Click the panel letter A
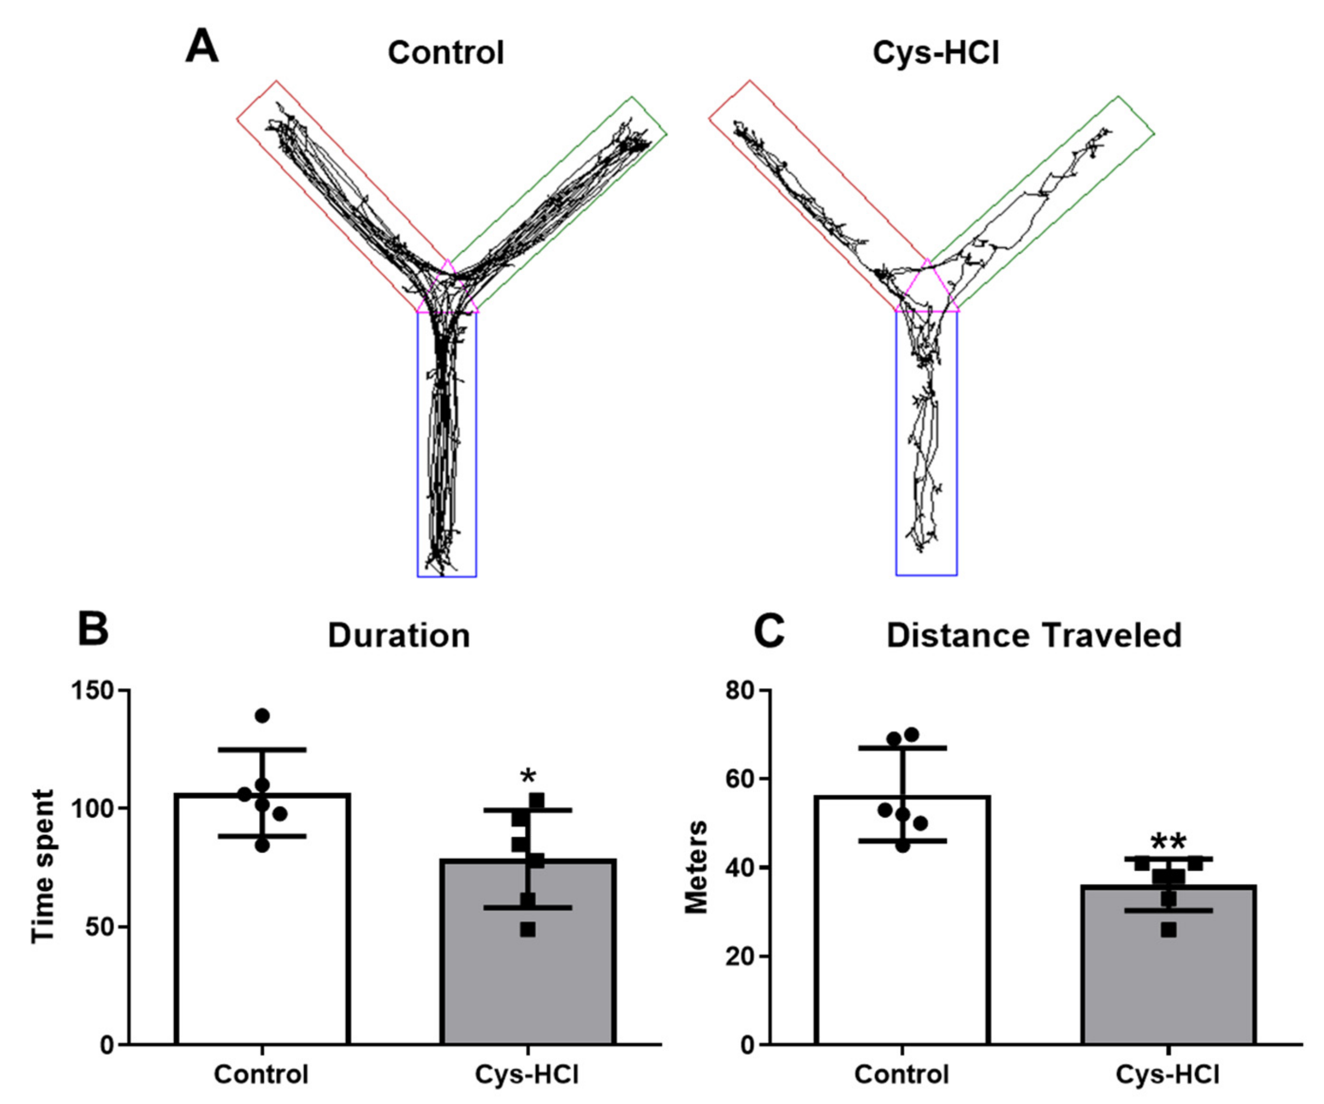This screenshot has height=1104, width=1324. (x=202, y=48)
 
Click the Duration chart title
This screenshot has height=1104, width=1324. (x=399, y=636)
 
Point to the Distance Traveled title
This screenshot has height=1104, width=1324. (x=1034, y=636)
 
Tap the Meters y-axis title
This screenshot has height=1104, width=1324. (x=697, y=866)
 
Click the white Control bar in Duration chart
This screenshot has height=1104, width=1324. (x=262, y=946)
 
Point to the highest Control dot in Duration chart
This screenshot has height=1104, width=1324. (x=262, y=715)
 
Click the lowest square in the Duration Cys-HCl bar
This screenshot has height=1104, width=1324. (x=528, y=929)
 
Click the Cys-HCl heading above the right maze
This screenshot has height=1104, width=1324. (x=936, y=53)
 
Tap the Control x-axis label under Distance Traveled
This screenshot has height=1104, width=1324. (x=901, y=1075)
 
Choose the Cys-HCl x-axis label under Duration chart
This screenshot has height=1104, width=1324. (x=527, y=1075)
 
